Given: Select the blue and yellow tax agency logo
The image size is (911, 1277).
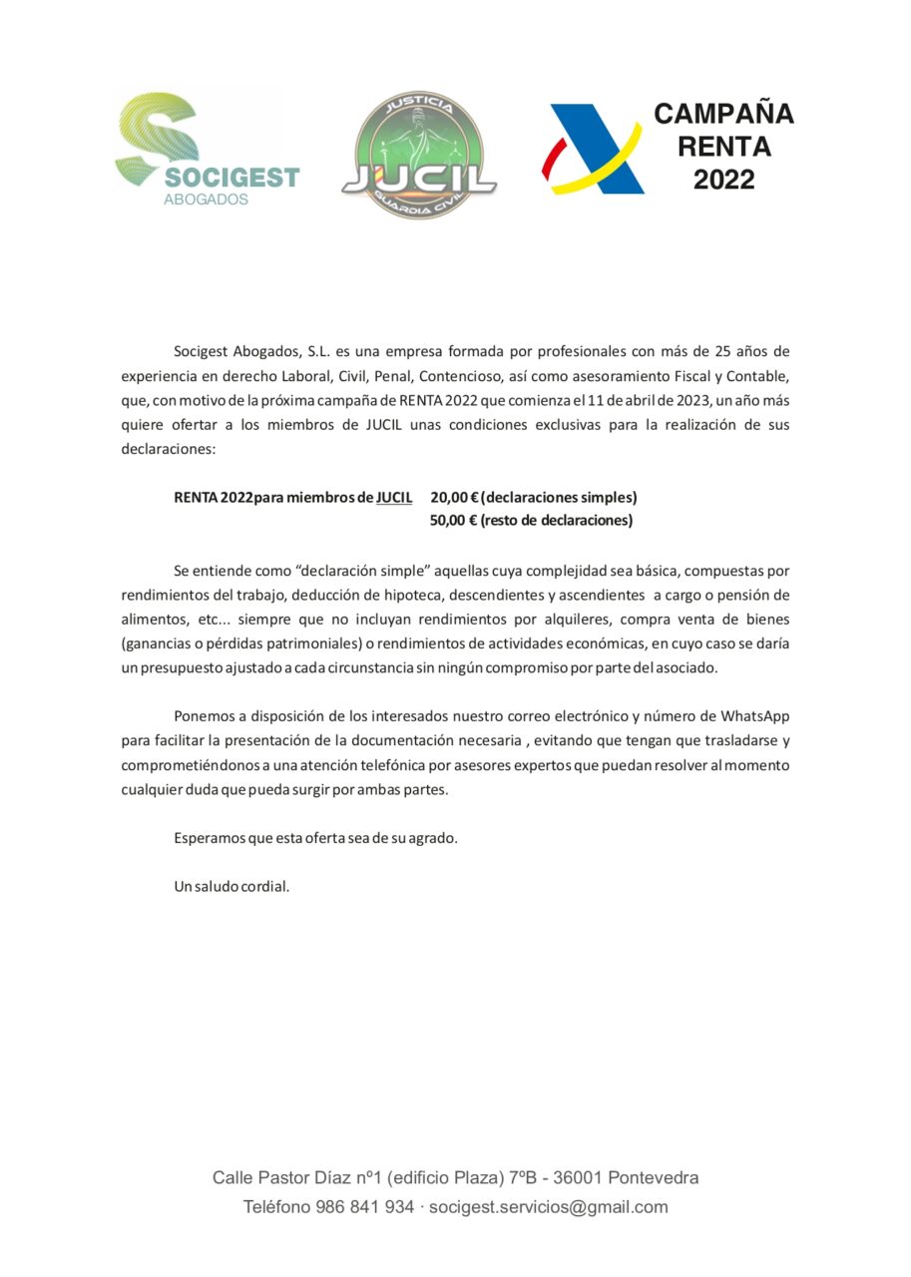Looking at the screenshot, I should (x=592, y=150).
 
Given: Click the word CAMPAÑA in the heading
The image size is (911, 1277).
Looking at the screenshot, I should (x=723, y=114).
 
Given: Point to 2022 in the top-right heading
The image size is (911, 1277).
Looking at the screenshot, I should (x=723, y=181).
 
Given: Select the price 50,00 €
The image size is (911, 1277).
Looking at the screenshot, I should (x=453, y=520).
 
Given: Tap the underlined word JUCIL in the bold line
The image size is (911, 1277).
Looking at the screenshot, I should (x=394, y=497).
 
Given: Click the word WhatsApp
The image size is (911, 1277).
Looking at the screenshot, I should (x=755, y=715).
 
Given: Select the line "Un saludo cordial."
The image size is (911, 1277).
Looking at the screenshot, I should (x=231, y=886).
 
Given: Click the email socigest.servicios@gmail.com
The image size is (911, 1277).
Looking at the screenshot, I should (x=548, y=1207).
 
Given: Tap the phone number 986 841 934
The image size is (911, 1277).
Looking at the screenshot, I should (x=364, y=1207).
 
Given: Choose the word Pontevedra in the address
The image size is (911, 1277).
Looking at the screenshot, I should (x=653, y=1177).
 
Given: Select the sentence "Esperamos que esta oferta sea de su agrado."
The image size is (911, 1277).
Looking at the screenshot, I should (x=315, y=838).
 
